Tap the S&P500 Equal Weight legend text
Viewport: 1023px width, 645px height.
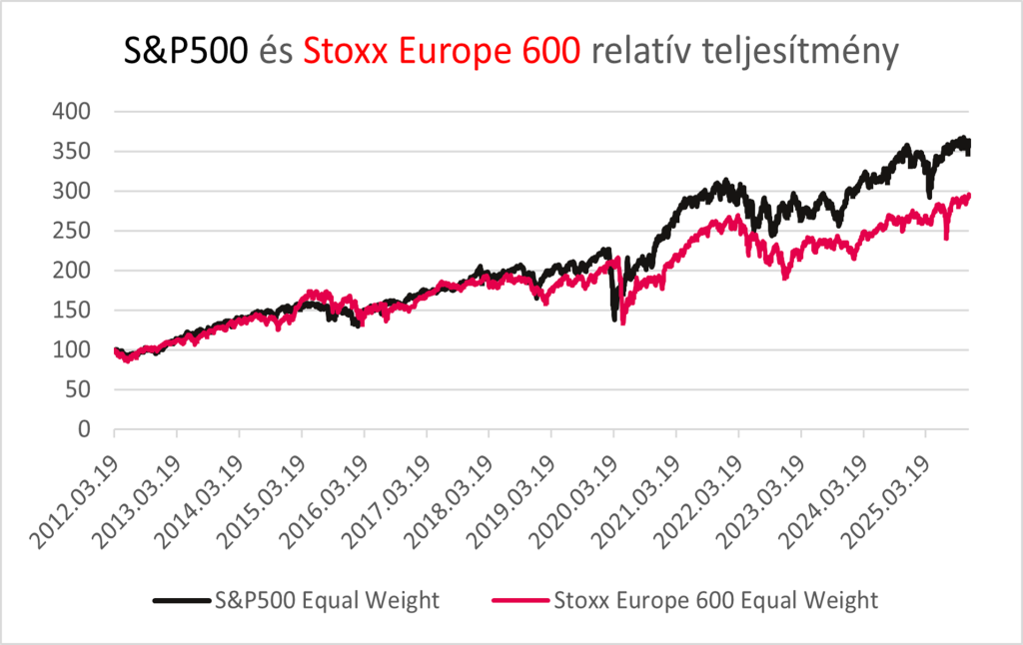pos(326,600)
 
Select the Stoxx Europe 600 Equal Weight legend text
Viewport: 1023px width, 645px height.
pos(715,600)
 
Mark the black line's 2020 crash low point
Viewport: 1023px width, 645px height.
pos(615,319)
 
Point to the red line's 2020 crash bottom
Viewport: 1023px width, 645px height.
pos(622,322)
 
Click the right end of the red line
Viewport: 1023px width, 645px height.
pos(969,196)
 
